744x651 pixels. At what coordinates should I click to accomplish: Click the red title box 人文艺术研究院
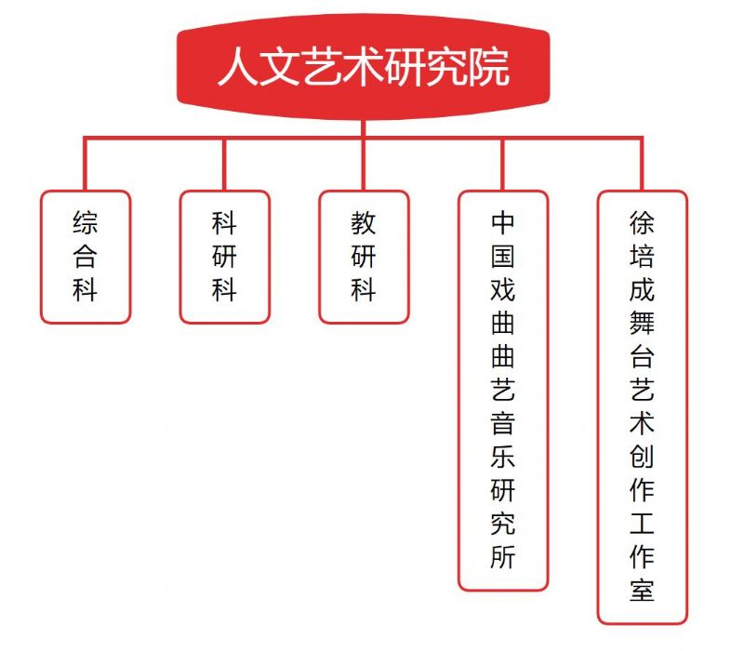coord(363,66)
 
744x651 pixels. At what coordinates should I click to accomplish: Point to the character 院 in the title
coord(490,66)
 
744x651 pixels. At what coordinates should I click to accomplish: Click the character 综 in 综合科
coord(86,223)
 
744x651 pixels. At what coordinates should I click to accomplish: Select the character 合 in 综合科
coord(86,257)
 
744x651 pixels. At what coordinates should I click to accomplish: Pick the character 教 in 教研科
coord(364,223)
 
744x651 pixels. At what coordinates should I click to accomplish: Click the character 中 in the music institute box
coord(503,223)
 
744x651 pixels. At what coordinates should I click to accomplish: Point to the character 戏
coord(503,290)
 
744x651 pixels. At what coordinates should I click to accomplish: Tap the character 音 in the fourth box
coord(503,423)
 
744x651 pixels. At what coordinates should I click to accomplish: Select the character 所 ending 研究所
coord(503,556)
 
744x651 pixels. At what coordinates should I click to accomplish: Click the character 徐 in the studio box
coord(642,223)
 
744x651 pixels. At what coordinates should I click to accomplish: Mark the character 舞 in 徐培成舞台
coord(642,323)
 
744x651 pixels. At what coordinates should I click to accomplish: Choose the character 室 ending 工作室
coord(642,590)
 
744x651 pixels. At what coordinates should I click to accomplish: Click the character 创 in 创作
coord(642,457)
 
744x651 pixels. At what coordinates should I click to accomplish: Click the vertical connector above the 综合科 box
coord(86,164)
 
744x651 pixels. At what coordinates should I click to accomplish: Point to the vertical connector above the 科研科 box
coord(224,165)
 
